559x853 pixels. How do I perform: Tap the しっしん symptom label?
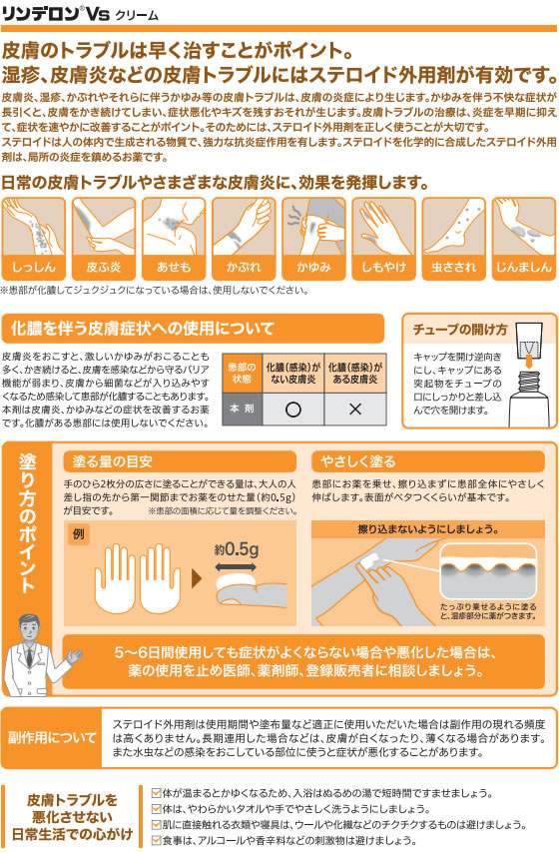click(34, 267)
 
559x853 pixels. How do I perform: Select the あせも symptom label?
click(174, 267)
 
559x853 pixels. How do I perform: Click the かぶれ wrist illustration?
click(244, 227)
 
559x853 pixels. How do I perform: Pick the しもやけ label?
click(384, 267)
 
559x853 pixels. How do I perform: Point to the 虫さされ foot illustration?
click(453, 227)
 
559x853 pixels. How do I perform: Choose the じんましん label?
click(524, 267)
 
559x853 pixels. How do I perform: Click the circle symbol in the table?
click(293, 410)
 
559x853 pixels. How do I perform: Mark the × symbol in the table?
click(355, 410)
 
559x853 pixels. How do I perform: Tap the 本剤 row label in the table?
click(242, 409)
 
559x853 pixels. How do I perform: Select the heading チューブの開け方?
click(460, 330)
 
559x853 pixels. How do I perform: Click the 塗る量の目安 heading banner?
click(180, 461)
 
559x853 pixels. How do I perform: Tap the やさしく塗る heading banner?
click(428, 461)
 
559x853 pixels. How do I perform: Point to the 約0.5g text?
click(236, 549)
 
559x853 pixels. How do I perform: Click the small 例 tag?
click(78, 533)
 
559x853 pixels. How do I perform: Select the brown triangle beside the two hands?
click(197, 578)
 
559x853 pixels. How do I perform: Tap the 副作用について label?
click(52, 738)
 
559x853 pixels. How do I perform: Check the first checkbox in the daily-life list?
click(156, 793)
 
